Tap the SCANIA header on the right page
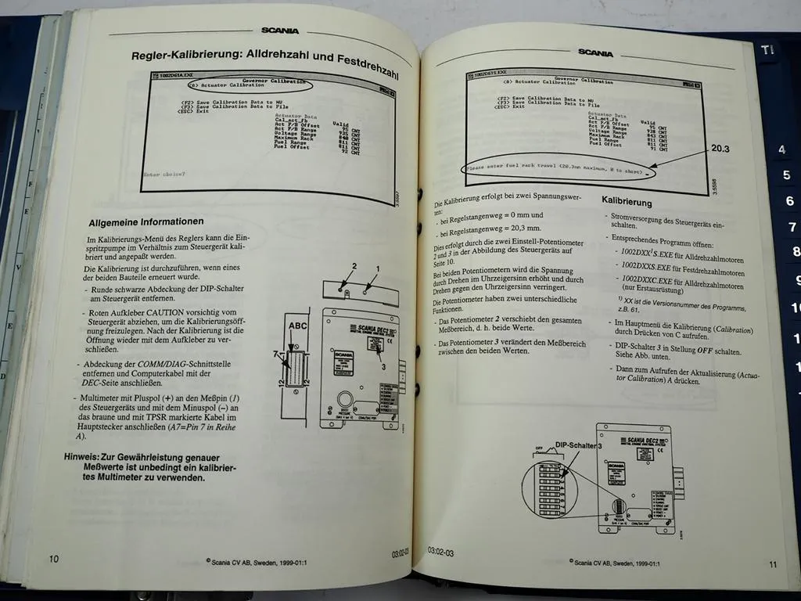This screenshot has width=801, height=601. (x=595, y=53)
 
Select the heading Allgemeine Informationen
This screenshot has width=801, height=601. (x=146, y=221)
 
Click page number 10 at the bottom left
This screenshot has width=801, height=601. (x=53, y=559)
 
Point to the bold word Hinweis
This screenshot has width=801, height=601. (x=84, y=456)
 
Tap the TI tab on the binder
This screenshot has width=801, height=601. (x=767, y=50)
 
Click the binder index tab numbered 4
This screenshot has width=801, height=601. (x=781, y=149)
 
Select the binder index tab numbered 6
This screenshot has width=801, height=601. (x=789, y=201)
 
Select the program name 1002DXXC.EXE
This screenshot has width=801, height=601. (x=647, y=277)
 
